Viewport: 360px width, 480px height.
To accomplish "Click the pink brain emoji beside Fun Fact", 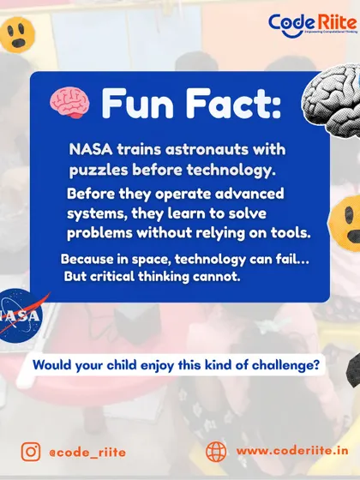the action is click(69, 102).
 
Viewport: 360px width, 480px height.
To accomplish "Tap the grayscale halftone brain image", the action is click(333, 102).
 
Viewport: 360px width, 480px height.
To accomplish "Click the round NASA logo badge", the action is click(20, 315).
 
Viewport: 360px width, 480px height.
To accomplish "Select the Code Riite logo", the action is click(313, 26).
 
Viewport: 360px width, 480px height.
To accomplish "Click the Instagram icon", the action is click(31, 452).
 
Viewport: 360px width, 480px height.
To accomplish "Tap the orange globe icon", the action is click(216, 452).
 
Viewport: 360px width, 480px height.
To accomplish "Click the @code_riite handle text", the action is click(87, 453).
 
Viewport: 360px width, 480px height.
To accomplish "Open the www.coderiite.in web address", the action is click(292, 451).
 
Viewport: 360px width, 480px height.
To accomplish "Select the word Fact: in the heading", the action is click(233, 103).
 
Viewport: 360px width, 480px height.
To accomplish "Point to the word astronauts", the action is click(207, 150).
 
